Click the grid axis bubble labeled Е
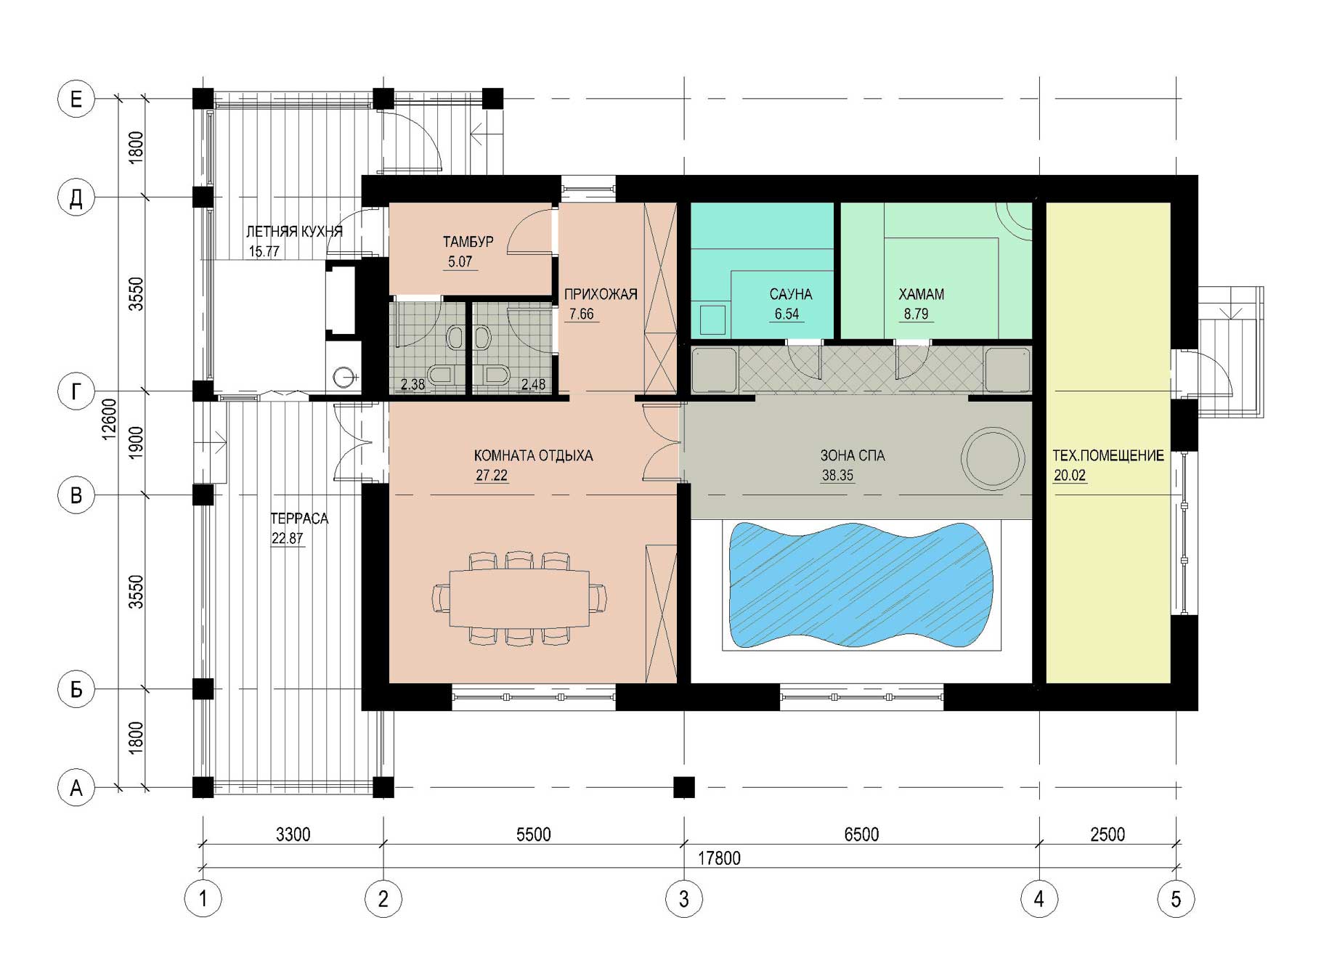pos(76,99)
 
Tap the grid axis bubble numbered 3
pos(684,899)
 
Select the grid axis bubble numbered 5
pos(1176,899)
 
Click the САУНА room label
pos(791,294)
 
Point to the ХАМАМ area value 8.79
pos(916,314)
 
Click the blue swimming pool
pos(860,585)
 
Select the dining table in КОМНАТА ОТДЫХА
pos(520,598)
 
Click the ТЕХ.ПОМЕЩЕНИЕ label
pos(1108,455)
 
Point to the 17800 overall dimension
pos(719,858)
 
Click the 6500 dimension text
pos(861,834)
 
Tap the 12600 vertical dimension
pos(109,419)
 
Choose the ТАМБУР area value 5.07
pos(460,261)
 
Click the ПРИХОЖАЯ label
pos(601,294)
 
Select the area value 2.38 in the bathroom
pos(412,384)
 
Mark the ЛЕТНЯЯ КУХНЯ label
pos(294,232)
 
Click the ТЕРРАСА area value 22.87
pos(287,538)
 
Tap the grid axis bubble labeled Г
pos(76,391)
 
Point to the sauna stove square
pos(712,320)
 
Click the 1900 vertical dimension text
pos(136,442)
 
